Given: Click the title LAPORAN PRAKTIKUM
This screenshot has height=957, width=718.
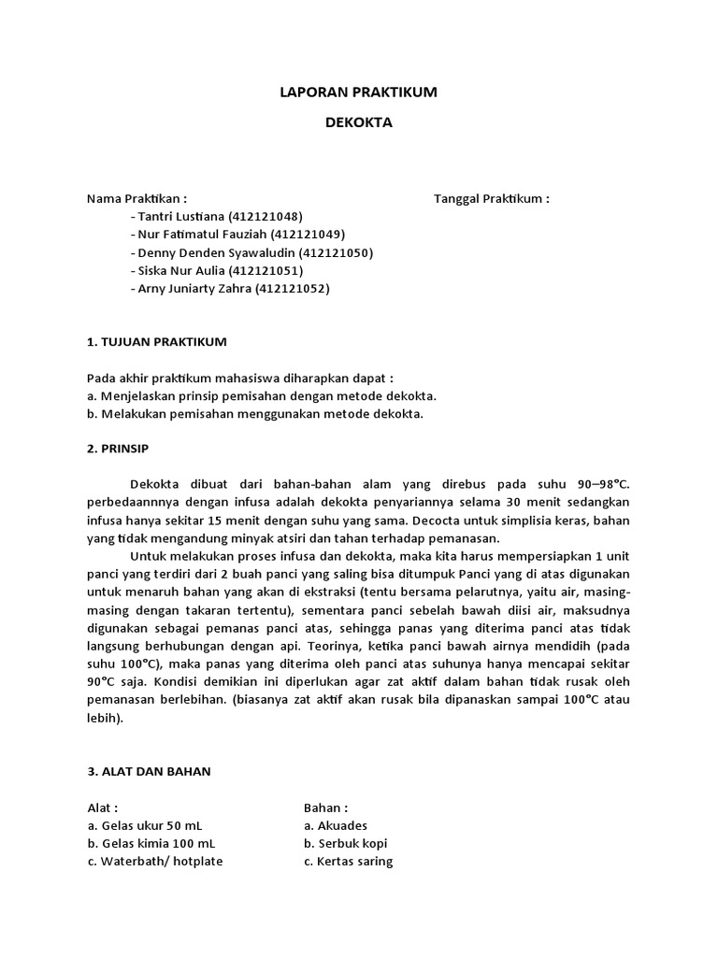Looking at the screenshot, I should pyautogui.click(x=359, y=93).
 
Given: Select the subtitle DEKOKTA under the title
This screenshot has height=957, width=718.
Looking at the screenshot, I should pyautogui.click(x=359, y=121).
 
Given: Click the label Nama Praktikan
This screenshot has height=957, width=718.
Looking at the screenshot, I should pyautogui.click(x=136, y=199).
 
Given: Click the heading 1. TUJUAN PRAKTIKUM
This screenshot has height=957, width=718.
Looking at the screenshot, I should pyautogui.click(x=156, y=342).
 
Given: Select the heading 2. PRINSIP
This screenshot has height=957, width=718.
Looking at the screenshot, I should pyautogui.click(x=118, y=449).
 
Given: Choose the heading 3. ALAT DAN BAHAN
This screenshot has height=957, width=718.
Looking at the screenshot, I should pyautogui.click(x=149, y=772).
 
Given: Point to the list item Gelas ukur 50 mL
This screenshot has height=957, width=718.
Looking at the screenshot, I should pyautogui.click(x=151, y=825).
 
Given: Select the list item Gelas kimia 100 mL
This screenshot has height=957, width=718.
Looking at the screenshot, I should pyautogui.click(x=154, y=843).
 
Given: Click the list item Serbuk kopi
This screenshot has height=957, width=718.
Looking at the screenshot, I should pyautogui.click(x=343, y=843).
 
